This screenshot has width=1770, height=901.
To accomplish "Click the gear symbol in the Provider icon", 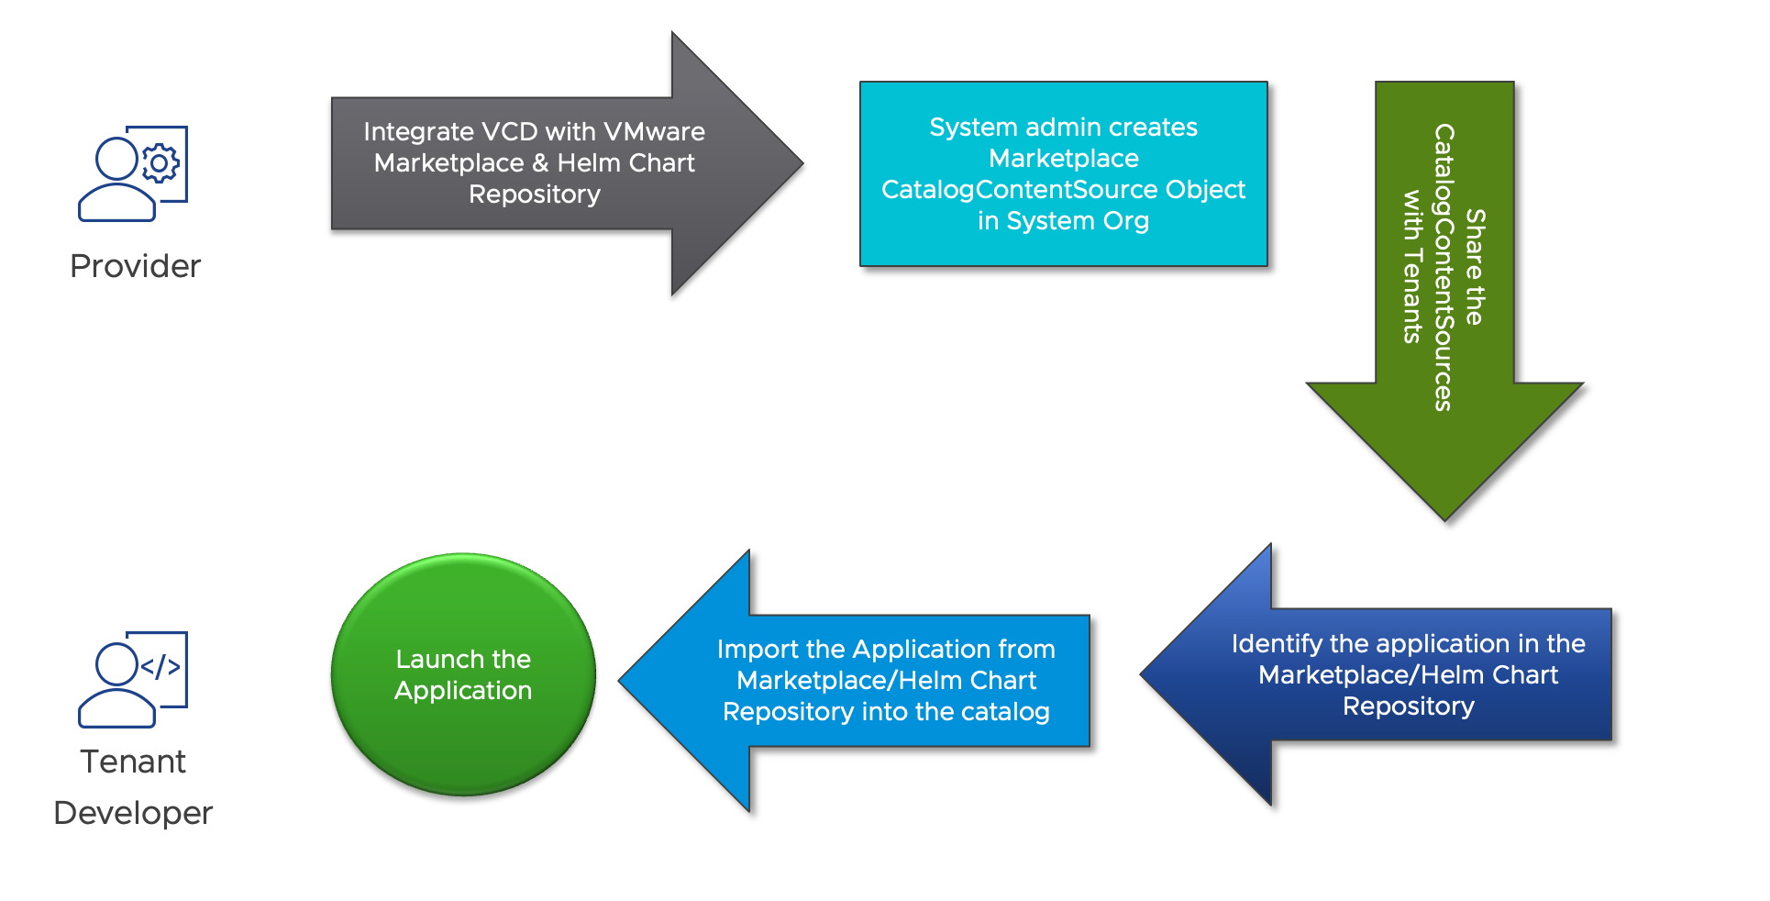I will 160,164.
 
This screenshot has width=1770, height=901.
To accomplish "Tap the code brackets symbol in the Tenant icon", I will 160,666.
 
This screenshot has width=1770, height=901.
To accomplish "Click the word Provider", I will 135,266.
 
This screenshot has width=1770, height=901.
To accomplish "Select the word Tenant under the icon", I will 133,762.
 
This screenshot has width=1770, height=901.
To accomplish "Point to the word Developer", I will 133,813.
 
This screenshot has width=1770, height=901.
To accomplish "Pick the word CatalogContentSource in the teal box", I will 1019,190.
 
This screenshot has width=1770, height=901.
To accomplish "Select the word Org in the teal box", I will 1124,221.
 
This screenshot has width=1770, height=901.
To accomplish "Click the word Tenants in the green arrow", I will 1412,293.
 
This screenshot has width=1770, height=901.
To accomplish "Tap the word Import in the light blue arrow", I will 758,650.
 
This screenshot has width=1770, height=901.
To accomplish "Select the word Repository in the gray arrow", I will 535,195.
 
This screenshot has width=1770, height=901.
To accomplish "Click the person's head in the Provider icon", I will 117,159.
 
